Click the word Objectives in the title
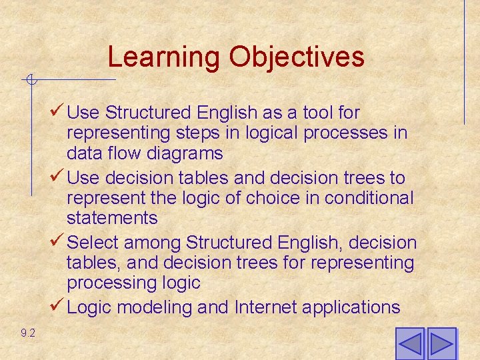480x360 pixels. [297, 57]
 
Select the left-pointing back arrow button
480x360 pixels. [409, 344]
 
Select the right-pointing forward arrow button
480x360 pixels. [441, 344]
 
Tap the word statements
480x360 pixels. [112, 218]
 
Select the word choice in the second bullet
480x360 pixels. [254, 198]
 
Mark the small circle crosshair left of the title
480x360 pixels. [30, 81]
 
